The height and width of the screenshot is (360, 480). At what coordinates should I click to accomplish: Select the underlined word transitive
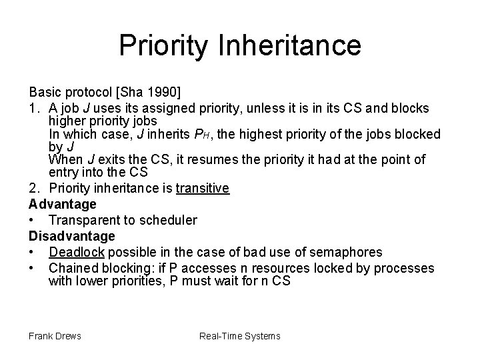tap(203, 189)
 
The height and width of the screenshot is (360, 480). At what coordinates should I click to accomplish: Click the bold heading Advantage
tap(63, 204)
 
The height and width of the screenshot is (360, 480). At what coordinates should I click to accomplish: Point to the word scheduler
tap(173, 220)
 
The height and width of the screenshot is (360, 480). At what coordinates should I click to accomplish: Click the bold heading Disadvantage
tap(72, 236)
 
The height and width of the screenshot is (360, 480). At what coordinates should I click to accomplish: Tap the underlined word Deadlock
tap(77, 252)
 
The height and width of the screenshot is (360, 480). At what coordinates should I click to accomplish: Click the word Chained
tap(71, 268)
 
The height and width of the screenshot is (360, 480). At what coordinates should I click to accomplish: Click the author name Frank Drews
tap(55, 336)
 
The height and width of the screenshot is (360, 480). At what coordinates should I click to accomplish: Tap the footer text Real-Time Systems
tap(240, 336)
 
